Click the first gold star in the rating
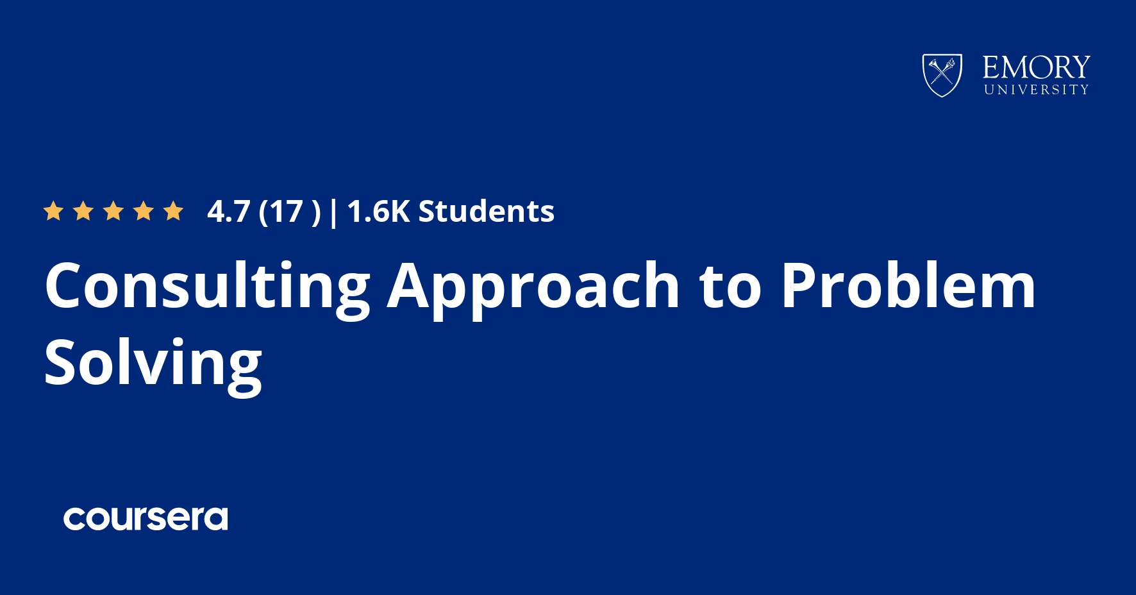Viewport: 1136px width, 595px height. click(53, 210)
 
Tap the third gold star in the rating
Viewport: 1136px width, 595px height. click(113, 210)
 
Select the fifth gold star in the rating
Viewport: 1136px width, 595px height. click(173, 210)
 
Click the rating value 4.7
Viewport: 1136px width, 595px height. click(228, 212)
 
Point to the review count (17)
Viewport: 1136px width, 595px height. click(289, 212)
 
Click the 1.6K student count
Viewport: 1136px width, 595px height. click(378, 212)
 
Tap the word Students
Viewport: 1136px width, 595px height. click(487, 211)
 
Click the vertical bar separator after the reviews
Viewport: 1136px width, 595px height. click(333, 213)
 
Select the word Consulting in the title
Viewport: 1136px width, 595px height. click(208, 287)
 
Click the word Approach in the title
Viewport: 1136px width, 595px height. click(533, 287)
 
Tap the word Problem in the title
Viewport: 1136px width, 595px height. click(908, 285)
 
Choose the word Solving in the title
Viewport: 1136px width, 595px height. click(153, 364)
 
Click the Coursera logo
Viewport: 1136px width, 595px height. click(146, 519)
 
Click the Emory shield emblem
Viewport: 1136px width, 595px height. click(942, 75)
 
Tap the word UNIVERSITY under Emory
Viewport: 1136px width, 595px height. click(1037, 90)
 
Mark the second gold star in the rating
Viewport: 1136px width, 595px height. click(83, 210)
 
